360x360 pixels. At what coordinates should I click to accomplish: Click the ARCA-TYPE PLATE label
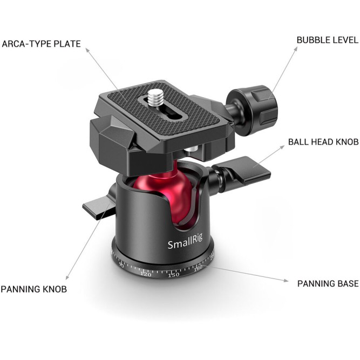[x=42, y=44]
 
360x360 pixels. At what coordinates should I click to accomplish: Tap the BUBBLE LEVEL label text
[x=327, y=40]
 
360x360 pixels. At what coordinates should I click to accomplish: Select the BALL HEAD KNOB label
[x=323, y=142]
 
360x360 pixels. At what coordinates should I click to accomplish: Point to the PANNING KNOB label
[x=33, y=289]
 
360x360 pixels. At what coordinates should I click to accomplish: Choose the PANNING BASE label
[x=328, y=283]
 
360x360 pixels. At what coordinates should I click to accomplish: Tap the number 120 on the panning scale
[x=145, y=274]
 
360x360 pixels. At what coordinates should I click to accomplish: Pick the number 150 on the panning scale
[x=173, y=275]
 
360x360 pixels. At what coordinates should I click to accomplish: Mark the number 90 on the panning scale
[x=121, y=266]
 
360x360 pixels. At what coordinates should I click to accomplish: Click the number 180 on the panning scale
[x=199, y=268]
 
